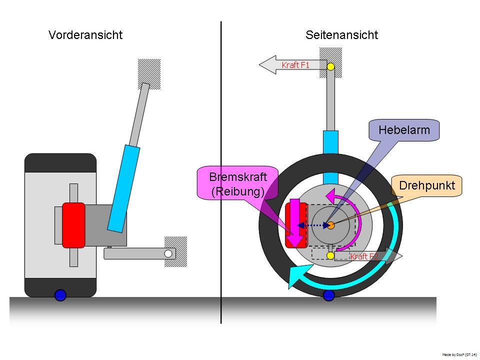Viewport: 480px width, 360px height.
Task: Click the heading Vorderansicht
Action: point(85,35)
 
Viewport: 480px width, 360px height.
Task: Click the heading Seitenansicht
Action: point(341,35)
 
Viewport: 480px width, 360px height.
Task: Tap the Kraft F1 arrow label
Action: point(296,65)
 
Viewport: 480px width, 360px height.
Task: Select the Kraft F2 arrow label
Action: point(365,256)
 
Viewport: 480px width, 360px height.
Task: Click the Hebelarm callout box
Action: point(404,130)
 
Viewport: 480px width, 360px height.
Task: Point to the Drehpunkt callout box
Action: point(426,185)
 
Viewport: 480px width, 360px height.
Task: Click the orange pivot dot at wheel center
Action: point(330,225)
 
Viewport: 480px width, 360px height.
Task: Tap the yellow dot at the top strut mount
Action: point(330,66)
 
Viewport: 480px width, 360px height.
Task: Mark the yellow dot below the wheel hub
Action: point(330,255)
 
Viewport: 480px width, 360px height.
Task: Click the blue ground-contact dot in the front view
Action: point(60,295)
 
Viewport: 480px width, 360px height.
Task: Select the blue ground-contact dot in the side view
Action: point(328,295)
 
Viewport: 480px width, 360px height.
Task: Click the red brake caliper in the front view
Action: point(73,225)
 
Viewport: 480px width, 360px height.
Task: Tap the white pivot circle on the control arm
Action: point(168,253)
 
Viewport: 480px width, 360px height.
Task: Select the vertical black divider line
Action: point(221,170)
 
